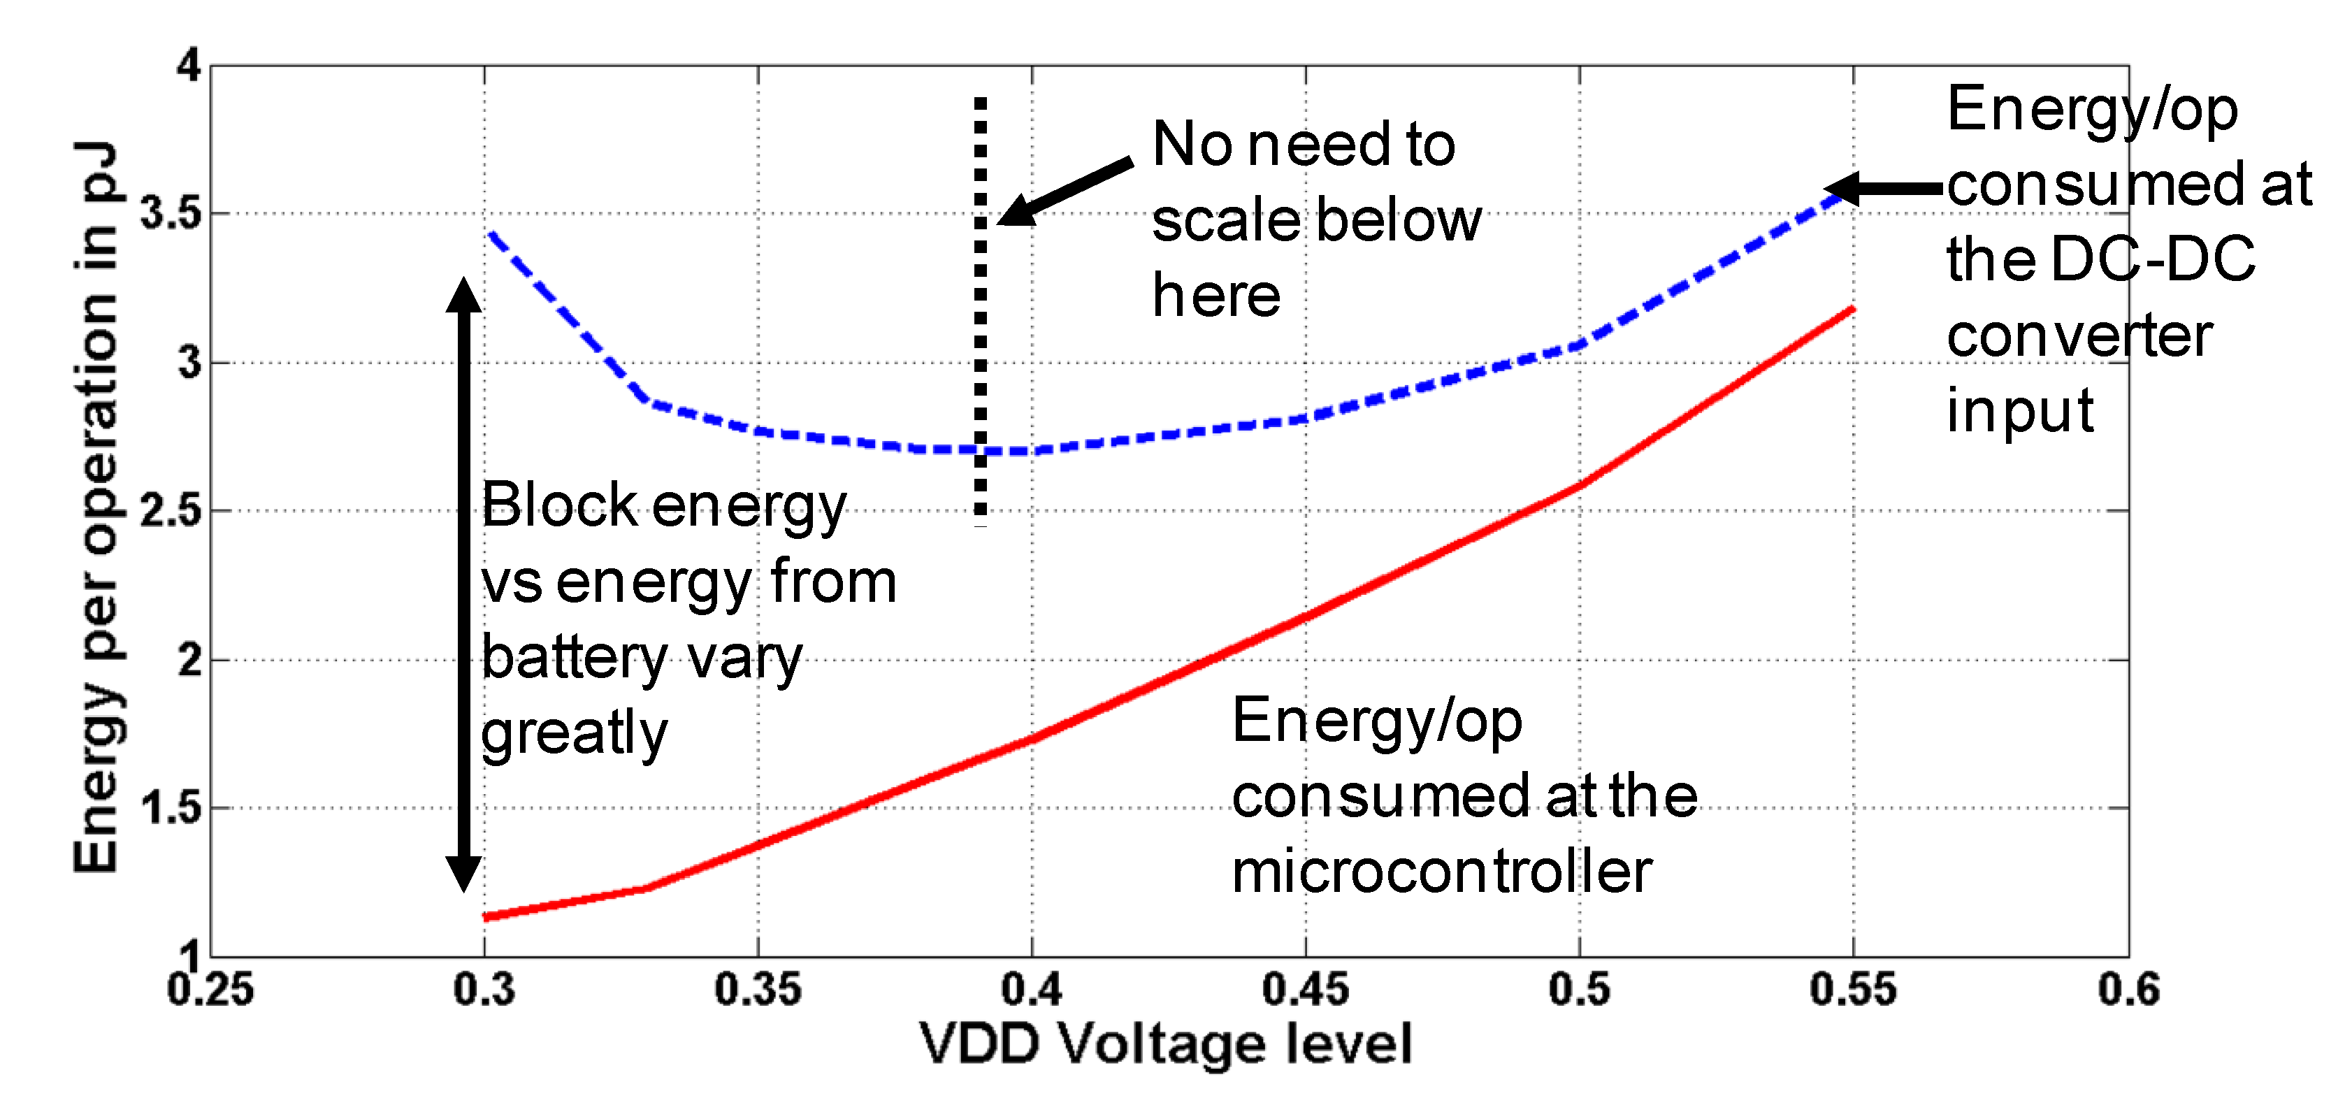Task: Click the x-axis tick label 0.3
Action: (x=484, y=990)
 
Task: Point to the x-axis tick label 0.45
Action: (x=1306, y=990)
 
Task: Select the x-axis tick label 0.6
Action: (x=2128, y=990)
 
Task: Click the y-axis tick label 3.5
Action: (x=171, y=214)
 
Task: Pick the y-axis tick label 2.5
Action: (x=171, y=511)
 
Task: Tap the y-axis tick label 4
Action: (x=189, y=66)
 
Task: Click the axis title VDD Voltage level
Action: (x=1165, y=1044)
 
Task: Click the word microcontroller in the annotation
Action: (x=1441, y=872)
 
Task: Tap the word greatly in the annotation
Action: (x=575, y=734)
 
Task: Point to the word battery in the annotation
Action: (x=575, y=658)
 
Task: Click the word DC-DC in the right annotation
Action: (x=2152, y=259)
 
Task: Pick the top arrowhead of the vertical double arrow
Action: (x=463, y=293)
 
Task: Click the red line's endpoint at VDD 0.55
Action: (x=1852, y=310)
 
